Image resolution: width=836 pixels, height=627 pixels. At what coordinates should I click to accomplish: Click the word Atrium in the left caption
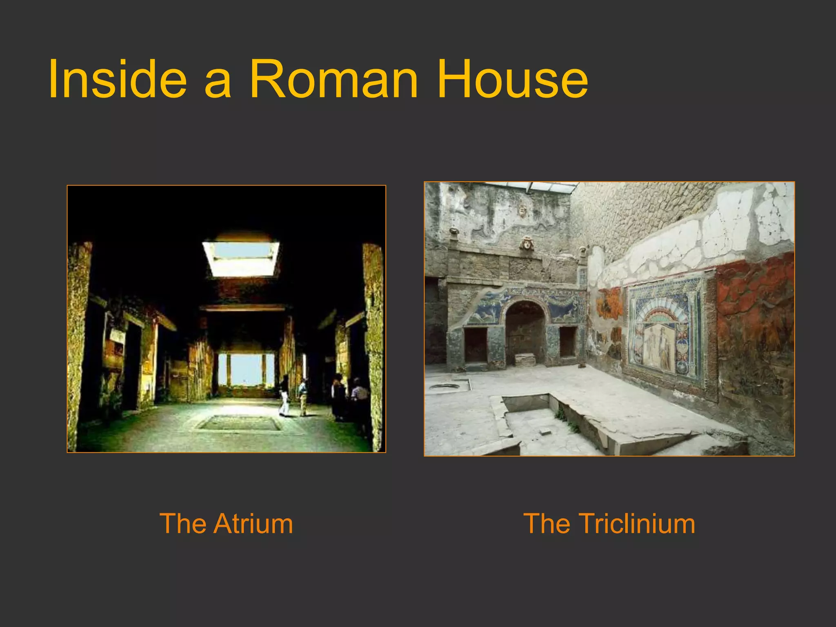253,523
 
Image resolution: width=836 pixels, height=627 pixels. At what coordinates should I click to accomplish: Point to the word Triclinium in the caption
637,523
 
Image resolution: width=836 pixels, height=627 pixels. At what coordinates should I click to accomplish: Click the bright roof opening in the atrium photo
241,258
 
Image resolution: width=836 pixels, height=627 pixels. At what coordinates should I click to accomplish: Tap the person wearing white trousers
284,396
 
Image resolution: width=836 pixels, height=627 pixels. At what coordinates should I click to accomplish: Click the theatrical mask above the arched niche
527,244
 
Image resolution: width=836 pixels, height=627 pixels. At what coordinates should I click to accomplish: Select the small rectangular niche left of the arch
476,345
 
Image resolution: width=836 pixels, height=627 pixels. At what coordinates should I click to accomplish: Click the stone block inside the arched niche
525,360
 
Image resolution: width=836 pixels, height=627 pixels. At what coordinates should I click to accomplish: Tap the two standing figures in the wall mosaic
657,347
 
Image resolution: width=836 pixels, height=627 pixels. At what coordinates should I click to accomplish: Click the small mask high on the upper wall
522,211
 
